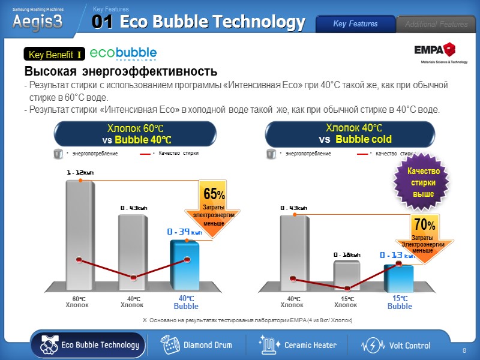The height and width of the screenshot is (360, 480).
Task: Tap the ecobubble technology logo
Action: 123,54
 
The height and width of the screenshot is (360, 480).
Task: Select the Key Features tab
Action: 355,24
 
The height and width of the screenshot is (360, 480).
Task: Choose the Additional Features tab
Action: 436,24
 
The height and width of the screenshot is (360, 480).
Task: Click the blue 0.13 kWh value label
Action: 397,255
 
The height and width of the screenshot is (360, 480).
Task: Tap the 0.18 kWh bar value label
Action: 347,254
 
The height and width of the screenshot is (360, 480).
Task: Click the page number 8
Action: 464,350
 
